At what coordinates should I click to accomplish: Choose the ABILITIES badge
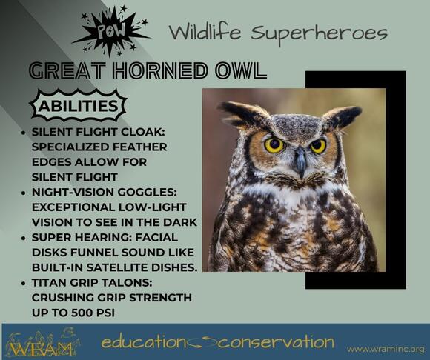coord(76,106)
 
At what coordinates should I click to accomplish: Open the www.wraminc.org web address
coord(385,348)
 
